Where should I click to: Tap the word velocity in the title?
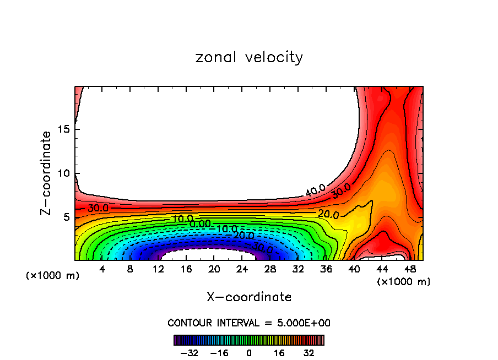click(x=274, y=57)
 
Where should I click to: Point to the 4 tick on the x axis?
click(x=102, y=270)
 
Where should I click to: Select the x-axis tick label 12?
click(x=158, y=270)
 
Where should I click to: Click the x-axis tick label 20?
click(x=214, y=270)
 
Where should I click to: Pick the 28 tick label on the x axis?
click(x=270, y=270)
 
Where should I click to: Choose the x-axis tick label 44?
click(x=381, y=270)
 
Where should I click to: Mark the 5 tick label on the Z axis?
click(x=63, y=217)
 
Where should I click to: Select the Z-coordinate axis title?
click(x=47, y=173)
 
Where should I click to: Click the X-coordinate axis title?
click(x=249, y=297)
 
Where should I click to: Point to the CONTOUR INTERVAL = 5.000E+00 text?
click(x=249, y=323)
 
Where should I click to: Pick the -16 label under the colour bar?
click(x=219, y=353)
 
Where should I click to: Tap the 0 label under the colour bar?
click(x=249, y=353)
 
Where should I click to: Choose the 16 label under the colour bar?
click(x=279, y=353)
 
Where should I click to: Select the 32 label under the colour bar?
click(x=309, y=353)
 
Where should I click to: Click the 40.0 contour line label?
click(x=315, y=191)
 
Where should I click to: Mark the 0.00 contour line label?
click(x=199, y=224)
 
